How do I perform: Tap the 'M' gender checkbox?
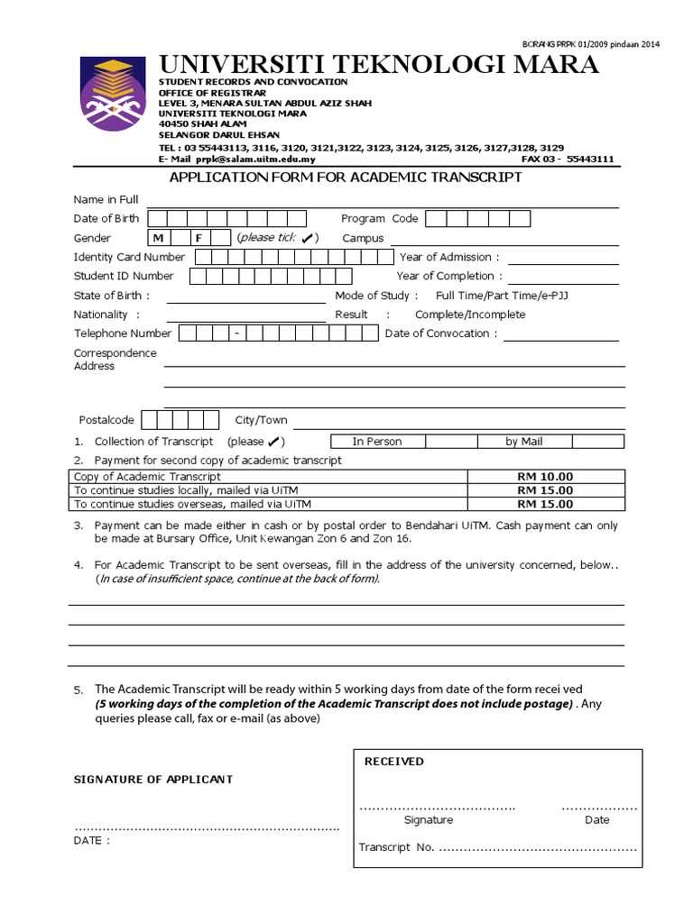click(x=158, y=238)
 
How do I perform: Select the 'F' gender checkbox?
click(x=198, y=238)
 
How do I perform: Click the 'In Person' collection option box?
click(x=376, y=441)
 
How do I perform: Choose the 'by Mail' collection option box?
click(x=524, y=441)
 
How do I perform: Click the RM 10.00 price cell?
click(x=546, y=476)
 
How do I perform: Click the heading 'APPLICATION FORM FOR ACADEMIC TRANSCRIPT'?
click(x=346, y=178)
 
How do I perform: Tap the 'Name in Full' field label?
click(x=106, y=199)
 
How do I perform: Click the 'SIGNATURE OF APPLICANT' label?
click(x=152, y=779)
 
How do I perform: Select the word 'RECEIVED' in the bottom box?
click(x=393, y=762)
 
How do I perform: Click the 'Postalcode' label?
click(x=106, y=420)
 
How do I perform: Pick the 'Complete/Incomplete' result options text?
click(x=469, y=315)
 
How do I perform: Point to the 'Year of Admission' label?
click(x=448, y=257)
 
